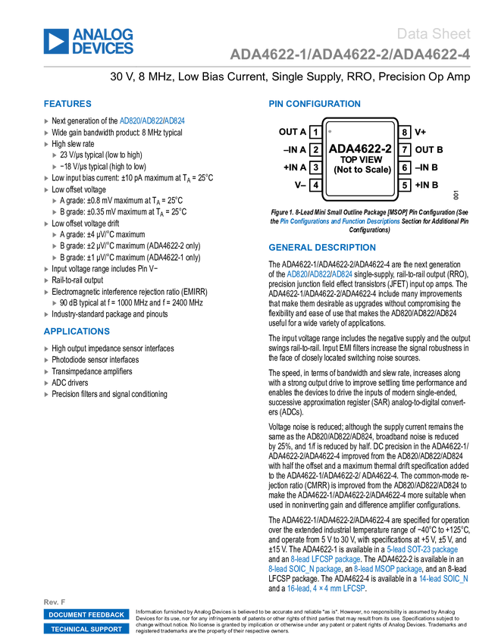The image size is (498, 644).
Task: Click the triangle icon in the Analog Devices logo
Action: pyautogui.click(x=55, y=42)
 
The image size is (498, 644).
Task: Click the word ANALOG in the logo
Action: pyautogui.click(x=103, y=33)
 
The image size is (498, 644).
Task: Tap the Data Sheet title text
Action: pyautogui.click(x=434, y=33)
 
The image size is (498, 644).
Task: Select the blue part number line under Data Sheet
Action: pyautogui.click(x=349, y=55)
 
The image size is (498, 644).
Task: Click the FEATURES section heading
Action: pyautogui.click(x=67, y=104)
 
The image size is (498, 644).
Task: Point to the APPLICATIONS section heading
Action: pyautogui.click(x=77, y=331)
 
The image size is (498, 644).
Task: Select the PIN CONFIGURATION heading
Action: pyautogui.click(x=314, y=104)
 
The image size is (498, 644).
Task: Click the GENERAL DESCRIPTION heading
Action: pyautogui.click(x=321, y=247)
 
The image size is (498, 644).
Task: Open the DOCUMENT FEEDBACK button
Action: pyautogui.click(x=86, y=614)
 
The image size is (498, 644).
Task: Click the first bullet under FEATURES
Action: pyautogui.click(x=46, y=121)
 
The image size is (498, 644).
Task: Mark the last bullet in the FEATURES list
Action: pyautogui.click(x=46, y=314)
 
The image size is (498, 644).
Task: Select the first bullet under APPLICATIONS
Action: pyautogui.click(x=46, y=349)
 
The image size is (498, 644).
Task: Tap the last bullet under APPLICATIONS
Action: pyautogui.click(x=46, y=395)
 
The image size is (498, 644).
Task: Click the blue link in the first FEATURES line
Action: pyautogui.click(x=152, y=120)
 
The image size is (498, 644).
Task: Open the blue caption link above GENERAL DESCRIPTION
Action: pyautogui.click(x=340, y=221)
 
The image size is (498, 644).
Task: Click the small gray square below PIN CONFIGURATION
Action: pyautogui.click(x=330, y=131)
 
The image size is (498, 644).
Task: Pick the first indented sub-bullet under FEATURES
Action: pyautogui.click(x=55, y=155)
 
